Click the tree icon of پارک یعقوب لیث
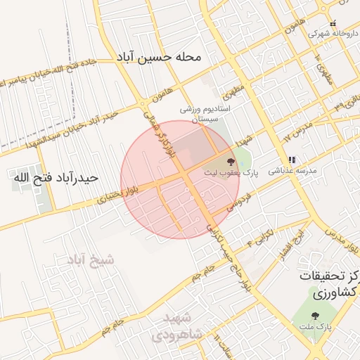(x=232, y=162)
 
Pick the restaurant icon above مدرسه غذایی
(x=292, y=160)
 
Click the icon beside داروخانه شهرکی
(x=333, y=23)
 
